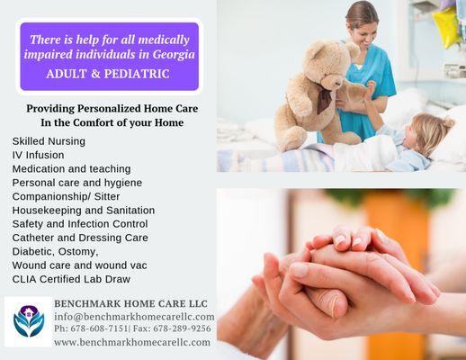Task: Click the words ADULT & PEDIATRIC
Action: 108,73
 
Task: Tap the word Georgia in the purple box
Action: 170,55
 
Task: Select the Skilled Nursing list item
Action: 49,141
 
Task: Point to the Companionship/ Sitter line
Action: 68,196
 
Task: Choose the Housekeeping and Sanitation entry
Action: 83,210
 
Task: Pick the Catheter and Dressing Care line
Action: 80,238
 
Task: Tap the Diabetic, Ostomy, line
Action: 55,251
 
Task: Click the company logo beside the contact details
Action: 28,321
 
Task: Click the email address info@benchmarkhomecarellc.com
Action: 134,317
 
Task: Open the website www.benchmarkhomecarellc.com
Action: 132,342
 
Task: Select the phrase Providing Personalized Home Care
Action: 112,108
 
